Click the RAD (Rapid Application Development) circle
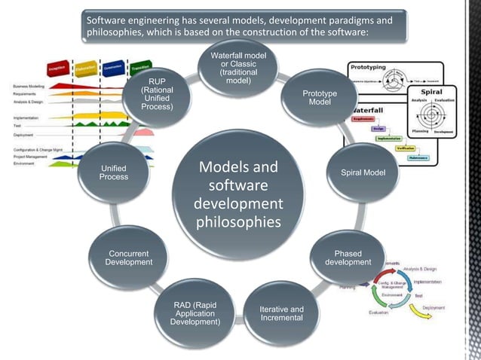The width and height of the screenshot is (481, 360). [196, 313]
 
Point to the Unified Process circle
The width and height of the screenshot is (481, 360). [113, 172]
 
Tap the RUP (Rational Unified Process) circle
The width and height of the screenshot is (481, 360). [162, 96]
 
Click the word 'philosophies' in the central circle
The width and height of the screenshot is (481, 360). [238, 223]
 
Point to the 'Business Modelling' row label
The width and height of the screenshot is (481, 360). [30, 87]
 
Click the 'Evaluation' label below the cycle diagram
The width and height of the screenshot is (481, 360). [378, 312]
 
